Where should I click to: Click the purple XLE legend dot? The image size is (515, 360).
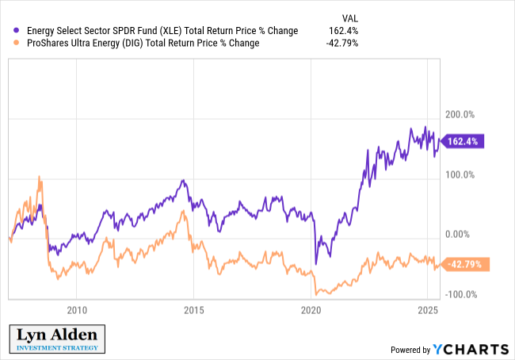click(17, 31)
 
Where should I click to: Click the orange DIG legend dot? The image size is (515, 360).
click(17, 43)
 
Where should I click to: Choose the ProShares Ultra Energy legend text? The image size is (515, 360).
click(143, 43)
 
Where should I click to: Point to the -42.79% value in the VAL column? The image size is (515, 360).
click(342, 43)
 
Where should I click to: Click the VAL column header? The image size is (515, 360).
click(349, 17)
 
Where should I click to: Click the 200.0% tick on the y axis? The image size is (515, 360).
click(460, 115)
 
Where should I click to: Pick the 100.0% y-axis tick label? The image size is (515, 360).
click(460, 175)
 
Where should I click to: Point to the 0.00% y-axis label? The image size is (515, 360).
click(461, 235)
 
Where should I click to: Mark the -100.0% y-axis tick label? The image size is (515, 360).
click(458, 295)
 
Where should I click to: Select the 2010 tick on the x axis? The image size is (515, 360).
click(76, 309)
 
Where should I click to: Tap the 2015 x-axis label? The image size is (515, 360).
click(193, 309)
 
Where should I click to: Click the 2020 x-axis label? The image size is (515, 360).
click(311, 309)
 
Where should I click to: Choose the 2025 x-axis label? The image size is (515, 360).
click(428, 309)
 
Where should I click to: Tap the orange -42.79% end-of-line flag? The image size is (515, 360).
click(464, 264)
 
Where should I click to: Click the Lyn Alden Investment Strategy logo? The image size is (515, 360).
click(55, 338)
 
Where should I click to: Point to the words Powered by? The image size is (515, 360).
click(409, 350)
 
